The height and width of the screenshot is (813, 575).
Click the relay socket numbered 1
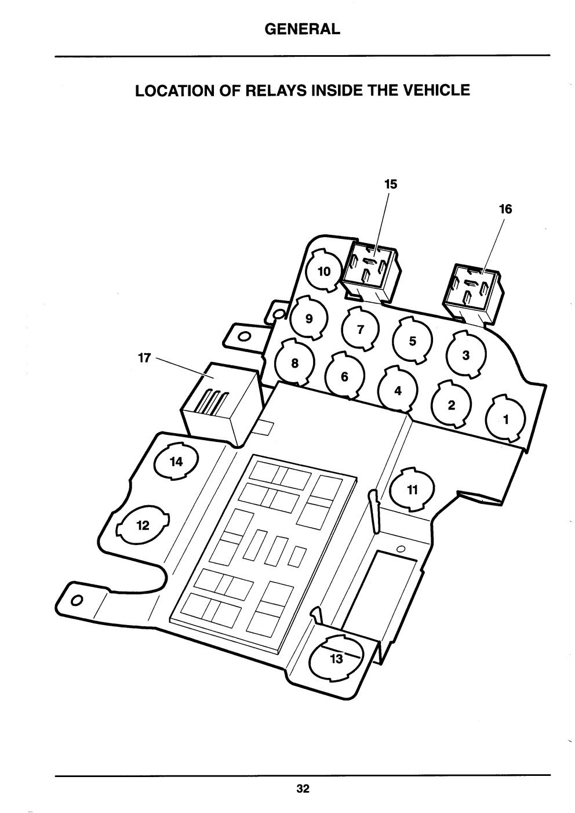click(x=505, y=419)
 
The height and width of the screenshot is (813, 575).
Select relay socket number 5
click(x=413, y=340)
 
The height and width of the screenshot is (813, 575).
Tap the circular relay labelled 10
click(x=323, y=271)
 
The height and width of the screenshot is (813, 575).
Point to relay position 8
click(x=294, y=362)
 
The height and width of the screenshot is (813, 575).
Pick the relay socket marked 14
click(x=176, y=462)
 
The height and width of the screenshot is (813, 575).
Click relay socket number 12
click(x=143, y=525)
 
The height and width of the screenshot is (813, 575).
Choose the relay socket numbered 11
click(x=412, y=489)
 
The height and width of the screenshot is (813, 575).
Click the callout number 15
click(x=391, y=184)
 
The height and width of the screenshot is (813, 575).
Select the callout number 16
click(x=505, y=209)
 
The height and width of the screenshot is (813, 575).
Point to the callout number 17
click(x=144, y=358)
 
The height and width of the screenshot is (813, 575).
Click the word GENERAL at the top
click(x=302, y=29)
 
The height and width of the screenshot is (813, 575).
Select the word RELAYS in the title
click(x=276, y=90)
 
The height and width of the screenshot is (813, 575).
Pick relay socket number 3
click(x=466, y=354)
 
